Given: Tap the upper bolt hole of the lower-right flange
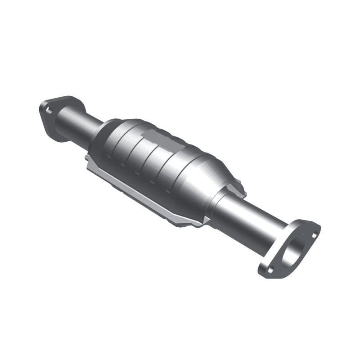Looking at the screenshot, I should click(314, 234).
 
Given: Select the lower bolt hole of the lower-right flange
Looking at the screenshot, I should click(270, 270).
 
